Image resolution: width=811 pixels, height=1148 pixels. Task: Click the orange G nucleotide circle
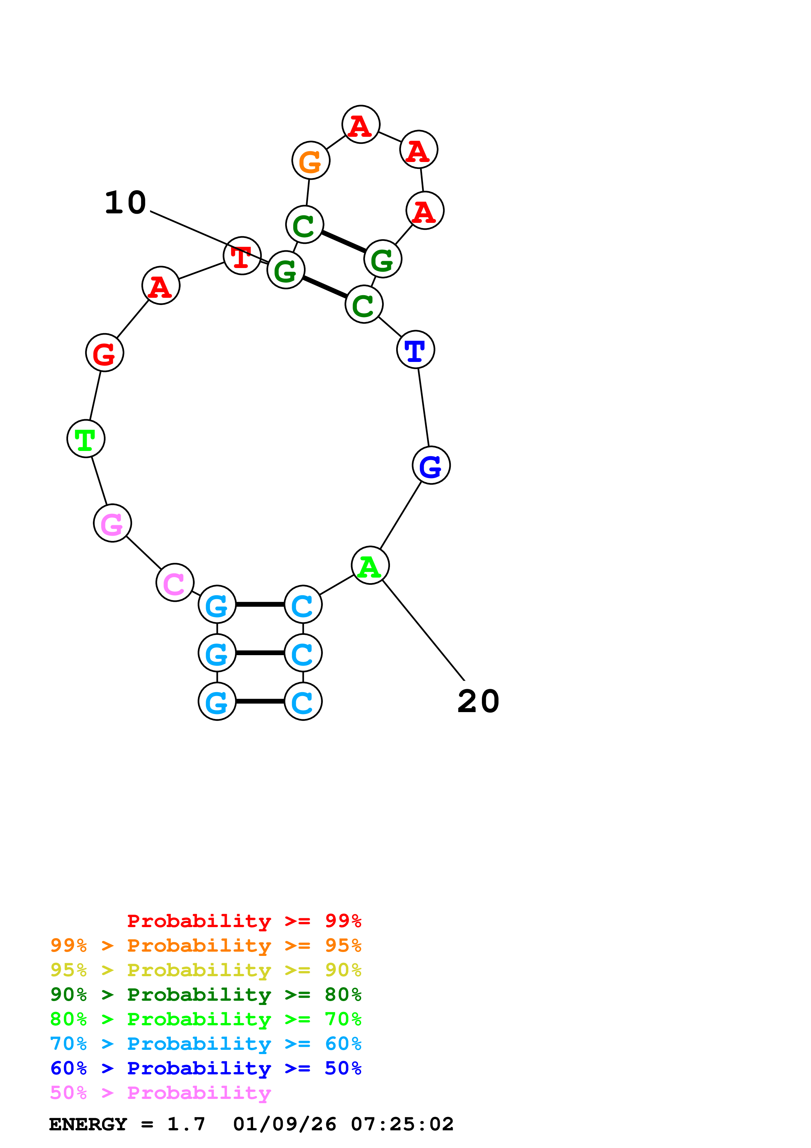(x=310, y=160)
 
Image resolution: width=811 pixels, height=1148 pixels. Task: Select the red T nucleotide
(x=242, y=256)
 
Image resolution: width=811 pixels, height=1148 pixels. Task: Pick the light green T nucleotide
(x=86, y=439)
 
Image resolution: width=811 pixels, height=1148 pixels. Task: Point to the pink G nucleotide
(x=113, y=523)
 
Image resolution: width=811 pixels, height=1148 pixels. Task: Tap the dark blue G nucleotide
(x=431, y=465)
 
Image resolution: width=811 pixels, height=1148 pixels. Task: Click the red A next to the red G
(x=160, y=285)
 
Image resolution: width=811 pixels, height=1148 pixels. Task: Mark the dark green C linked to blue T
(x=364, y=304)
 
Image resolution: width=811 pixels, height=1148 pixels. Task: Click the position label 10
(x=125, y=203)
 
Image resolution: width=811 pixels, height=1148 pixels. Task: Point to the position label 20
(x=478, y=701)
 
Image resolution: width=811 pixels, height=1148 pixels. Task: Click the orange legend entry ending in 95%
(x=205, y=945)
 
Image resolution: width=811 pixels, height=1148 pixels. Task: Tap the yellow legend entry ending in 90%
(x=205, y=970)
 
